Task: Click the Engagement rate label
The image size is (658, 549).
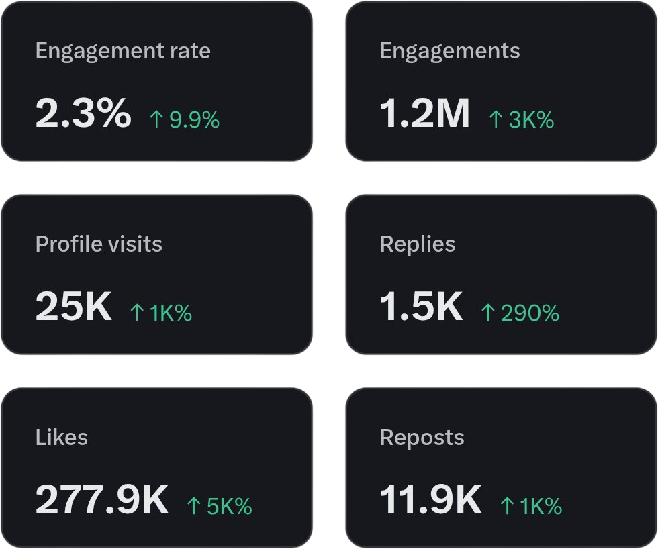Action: (123, 52)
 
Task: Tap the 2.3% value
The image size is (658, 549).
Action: (83, 113)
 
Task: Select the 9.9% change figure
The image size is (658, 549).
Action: (194, 120)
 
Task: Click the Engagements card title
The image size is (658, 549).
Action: (450, 52)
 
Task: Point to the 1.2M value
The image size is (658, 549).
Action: (425, 113)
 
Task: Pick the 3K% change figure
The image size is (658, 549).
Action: (531, 120)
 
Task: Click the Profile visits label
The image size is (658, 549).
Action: (99, 244)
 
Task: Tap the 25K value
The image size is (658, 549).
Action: (73, 306)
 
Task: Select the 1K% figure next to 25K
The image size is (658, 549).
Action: (171, 313)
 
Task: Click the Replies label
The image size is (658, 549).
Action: (418, 244)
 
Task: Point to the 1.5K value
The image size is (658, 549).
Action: (421, 306)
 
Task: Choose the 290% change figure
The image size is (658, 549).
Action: (530, 313)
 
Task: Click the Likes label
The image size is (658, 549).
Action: (61, 438)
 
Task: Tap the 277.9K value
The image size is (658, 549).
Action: (101, 499)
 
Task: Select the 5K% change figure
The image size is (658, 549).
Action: (229, 507)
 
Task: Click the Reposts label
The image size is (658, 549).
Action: (422, 438)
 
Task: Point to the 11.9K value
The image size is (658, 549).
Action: (430, 499)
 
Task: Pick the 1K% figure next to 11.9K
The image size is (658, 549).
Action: (540, 507)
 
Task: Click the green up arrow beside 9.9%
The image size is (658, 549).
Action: (156, 120)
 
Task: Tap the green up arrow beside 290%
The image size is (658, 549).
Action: (488, 313)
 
